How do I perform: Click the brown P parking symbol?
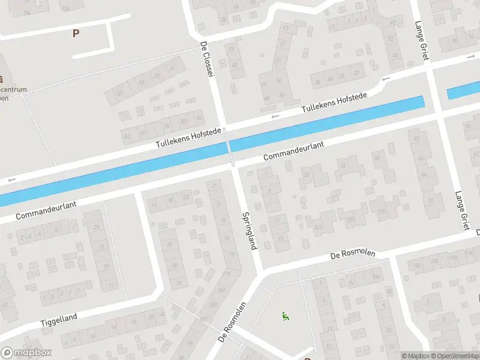[x=76, y=34]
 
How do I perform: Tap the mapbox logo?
[x=26, y=353]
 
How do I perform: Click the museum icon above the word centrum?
[x=2, y=79]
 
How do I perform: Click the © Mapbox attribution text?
[x=415, y=356]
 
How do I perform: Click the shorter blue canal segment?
[x=463, y=92]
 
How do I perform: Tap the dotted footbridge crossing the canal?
[x=230, y=146]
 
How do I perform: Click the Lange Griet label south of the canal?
[x=461, y=211]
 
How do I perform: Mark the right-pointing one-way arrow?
[x=472, y=58]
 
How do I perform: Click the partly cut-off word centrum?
[x=14, y=90]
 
